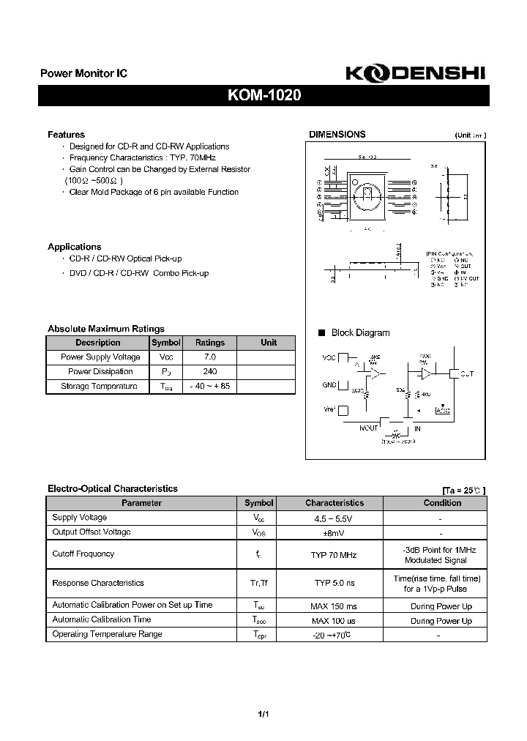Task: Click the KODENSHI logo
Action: [413, 73]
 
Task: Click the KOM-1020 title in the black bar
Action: [263, 96]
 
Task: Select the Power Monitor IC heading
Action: [83, 74]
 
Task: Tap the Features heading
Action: [66, 135]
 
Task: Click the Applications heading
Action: [74, 247]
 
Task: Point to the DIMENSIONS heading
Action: [337, 135]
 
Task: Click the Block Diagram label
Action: [360, 332]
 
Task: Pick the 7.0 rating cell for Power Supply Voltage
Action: [210, 357]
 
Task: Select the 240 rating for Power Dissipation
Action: [210, 372]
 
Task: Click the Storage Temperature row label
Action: [98, 386]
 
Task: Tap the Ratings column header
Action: [210, 343]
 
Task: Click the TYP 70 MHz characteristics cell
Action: [334, 555]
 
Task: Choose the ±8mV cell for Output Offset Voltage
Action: [334, 532]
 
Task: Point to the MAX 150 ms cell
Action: [334, 606]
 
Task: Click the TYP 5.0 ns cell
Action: [334, 584]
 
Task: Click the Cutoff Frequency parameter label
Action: [83, 554]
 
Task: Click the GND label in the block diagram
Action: [329, 384]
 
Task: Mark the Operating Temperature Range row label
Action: [107, 634]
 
